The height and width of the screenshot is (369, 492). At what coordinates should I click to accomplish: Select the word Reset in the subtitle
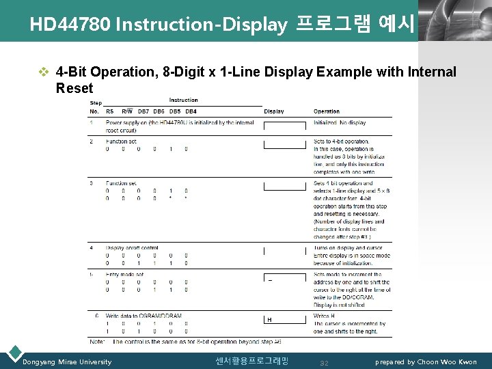(x=74, y=88)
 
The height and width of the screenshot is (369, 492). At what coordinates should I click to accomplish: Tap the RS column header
(x=109, y=111)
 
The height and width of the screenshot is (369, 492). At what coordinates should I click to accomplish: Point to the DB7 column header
(x=143, y=111)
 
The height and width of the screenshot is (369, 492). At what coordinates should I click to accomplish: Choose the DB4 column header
(x=191, y=111)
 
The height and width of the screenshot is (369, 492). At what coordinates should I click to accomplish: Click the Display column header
(x=273, y=111)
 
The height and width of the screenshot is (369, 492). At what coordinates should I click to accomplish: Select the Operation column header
(x=326, y=111)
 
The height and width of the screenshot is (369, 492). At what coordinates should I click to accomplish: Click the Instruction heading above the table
(x=183, y=100)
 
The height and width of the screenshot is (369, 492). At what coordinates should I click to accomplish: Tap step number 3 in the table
(x=92, y=183)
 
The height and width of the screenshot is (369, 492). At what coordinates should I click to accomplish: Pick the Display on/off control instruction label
(x=132, y=248)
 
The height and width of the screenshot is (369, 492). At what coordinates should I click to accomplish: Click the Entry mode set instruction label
(x=124, y=275)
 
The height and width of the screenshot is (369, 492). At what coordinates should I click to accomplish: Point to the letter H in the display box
(x=269, y=319)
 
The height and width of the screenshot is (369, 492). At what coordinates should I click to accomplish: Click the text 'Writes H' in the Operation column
(x=325, y=316)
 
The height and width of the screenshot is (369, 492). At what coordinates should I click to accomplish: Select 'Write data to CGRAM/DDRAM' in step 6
(x=143, y=316)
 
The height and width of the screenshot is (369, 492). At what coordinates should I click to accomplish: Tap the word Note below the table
(x=97, y=341)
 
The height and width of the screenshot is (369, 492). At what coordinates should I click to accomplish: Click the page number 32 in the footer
(x=325, y=362)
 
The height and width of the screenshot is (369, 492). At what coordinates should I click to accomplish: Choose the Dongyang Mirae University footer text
(x=67, y=361)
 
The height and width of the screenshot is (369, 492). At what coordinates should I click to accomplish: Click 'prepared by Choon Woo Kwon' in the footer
(x=426, y=361)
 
